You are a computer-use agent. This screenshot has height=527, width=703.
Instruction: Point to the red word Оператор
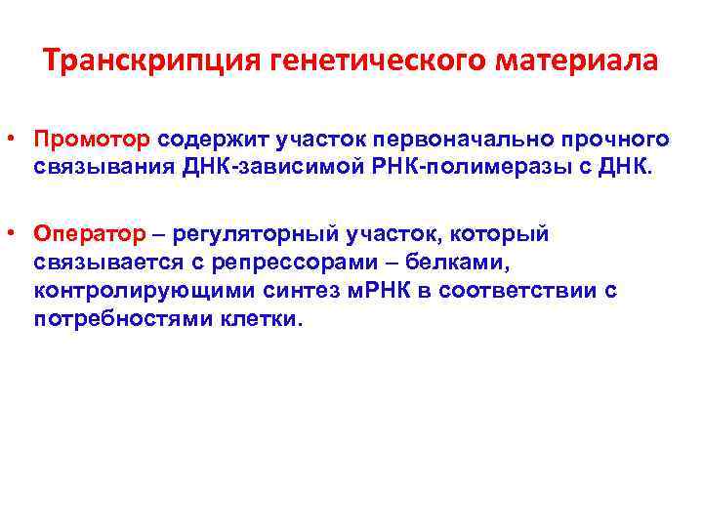click(91, 234)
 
